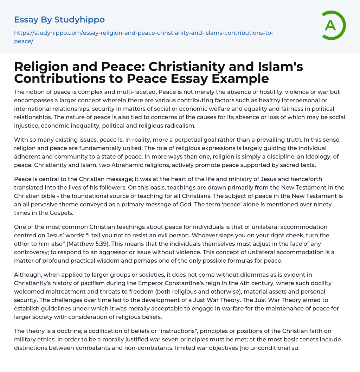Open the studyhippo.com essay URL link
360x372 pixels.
click(143, 37)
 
